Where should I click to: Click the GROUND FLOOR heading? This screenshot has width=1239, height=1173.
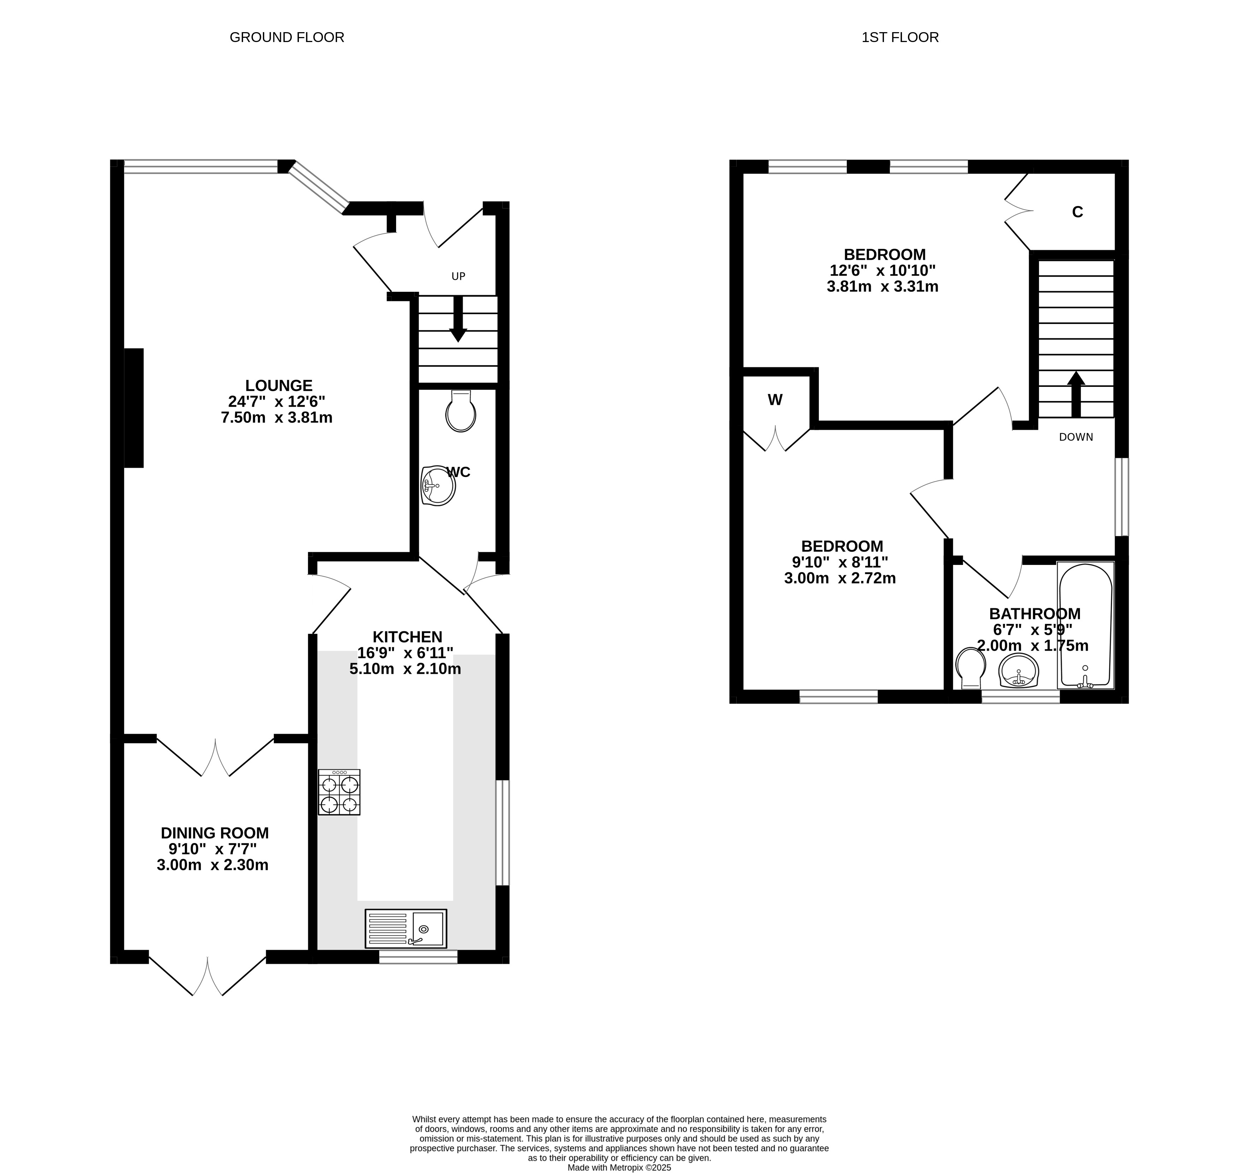coord(287,37)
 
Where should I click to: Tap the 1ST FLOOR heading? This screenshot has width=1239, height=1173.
coord(900,37)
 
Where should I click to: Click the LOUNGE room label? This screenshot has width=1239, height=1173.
coord(279,386)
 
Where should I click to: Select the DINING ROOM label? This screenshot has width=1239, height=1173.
coord(214,833)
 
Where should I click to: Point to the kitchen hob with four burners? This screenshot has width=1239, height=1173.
coord(339,792)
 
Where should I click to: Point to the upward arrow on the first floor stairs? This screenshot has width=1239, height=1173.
coord(1076,395)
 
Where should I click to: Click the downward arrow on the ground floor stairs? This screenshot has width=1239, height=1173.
coord(458,319)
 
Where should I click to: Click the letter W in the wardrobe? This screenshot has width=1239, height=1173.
coord(775,400)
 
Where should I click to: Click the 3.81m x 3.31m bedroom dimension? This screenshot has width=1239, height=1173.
coord(883,287)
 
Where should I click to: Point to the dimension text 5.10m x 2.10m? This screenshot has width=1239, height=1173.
coord(405,669)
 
